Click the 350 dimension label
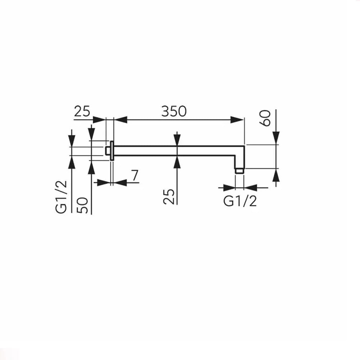coord(174,111)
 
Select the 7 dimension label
coord(135,175)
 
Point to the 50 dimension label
coord(82,205)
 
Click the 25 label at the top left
coord(82,111)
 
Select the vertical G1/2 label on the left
coord(61,197)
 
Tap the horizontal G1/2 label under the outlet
coord(240,201)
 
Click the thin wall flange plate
coord(112,150)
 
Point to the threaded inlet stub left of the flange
coord(108,150)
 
